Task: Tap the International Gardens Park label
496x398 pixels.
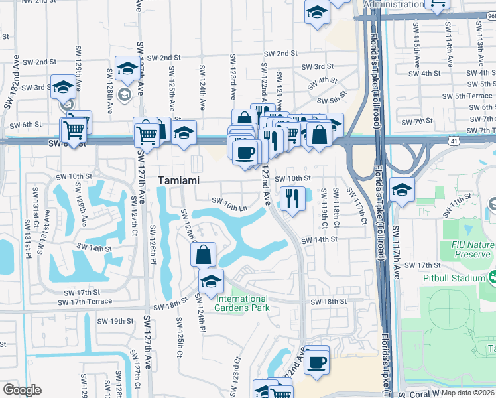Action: (242, 303)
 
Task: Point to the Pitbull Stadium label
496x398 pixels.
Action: (452, 277)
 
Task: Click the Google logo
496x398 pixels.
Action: (22, 390)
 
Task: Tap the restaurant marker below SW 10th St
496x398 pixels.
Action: (292, 197)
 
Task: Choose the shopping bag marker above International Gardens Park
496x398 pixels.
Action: (203, 254)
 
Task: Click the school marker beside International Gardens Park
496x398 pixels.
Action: (211, 281)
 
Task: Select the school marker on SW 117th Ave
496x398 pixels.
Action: (402, 190)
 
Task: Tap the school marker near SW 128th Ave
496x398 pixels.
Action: (127, 68)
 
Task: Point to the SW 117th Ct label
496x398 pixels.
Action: (363, 208)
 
